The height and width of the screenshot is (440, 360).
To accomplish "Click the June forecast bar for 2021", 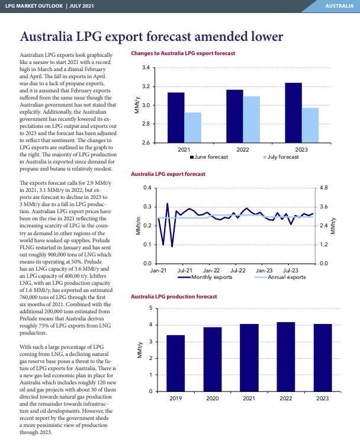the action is [x=176, y=118].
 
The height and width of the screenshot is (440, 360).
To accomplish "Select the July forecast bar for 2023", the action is [x=310, y=125].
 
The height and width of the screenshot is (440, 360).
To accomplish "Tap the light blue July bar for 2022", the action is [x=252, y=120].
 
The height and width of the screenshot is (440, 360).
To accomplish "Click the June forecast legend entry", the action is [x=209, y=157].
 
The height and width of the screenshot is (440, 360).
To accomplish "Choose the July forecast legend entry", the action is [x=281, y=157].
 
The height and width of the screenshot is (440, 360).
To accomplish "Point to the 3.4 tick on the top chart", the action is [x=146, y=68].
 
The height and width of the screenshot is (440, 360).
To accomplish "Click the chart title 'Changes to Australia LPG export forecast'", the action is [x=183, y=53].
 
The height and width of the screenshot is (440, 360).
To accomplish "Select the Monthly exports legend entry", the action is [x=205, y=277].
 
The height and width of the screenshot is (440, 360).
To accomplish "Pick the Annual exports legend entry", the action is [x=280, y=277].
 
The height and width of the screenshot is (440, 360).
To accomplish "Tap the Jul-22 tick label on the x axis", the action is [x=237, y=271].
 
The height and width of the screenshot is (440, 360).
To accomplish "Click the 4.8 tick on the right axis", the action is [x=324, y=188].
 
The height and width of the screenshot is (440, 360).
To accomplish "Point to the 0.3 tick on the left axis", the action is [x=147, y=207].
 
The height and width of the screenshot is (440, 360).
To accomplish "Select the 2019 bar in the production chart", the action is [x=176, y=364].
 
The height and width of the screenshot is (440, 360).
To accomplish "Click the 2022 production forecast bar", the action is [x=286, y=357].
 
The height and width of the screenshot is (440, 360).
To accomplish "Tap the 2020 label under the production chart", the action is [x=213, y=399].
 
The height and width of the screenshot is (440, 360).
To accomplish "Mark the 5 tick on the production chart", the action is [x=151, y=308].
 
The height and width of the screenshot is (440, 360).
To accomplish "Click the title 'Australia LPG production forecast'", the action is [x=174, y=297].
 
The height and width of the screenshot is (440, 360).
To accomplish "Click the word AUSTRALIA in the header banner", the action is [x=339, y=6].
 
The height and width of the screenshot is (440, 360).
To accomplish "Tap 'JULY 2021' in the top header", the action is [x=82, y=6].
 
